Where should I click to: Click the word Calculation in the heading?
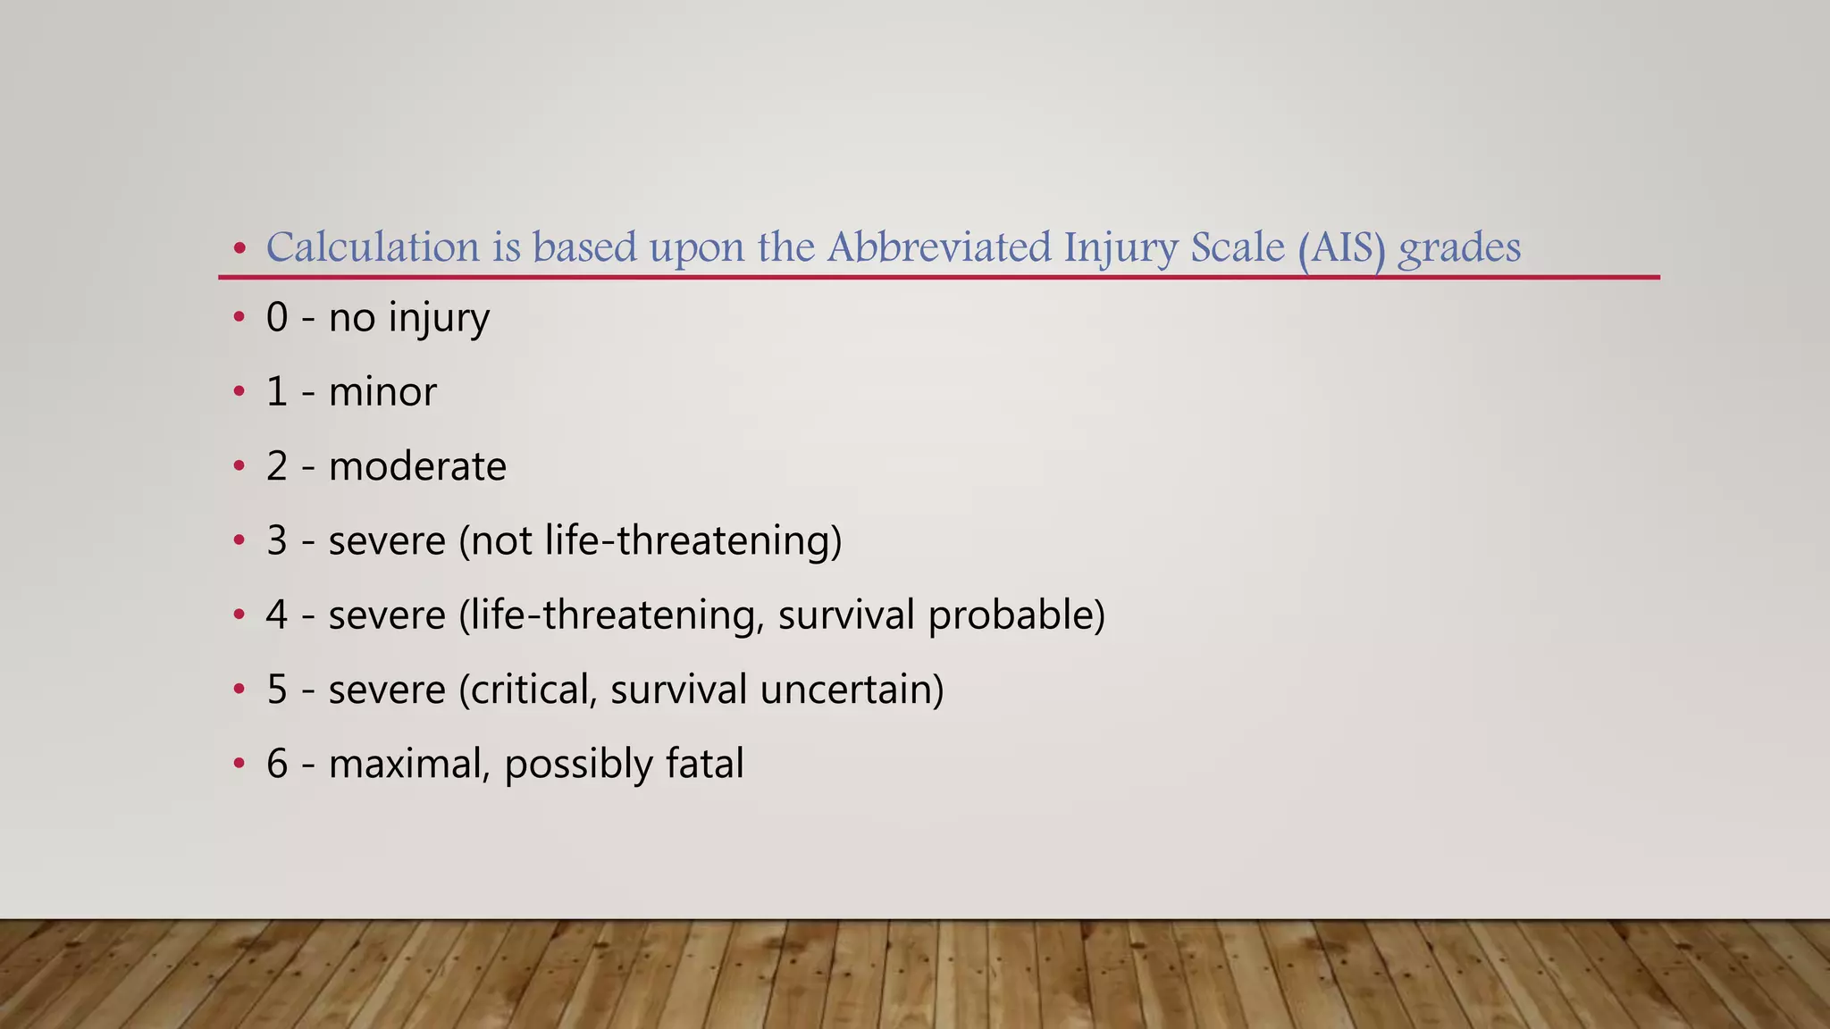(x=373, y=247)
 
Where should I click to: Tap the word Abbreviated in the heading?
(x=938, y=247)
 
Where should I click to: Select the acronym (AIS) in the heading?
(x=1341, y=249)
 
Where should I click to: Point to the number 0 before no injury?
(x=277, y=318)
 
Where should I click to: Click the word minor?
(x=382, y=392)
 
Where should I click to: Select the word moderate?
(x=417, y=466)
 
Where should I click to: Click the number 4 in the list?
(x=277, y=615)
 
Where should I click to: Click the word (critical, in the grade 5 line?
(x=527, y=690)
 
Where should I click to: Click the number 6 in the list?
(x=277, y=764)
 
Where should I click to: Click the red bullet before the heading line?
(x=239, y=248)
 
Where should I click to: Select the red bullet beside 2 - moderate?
(x=239, y=466)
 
